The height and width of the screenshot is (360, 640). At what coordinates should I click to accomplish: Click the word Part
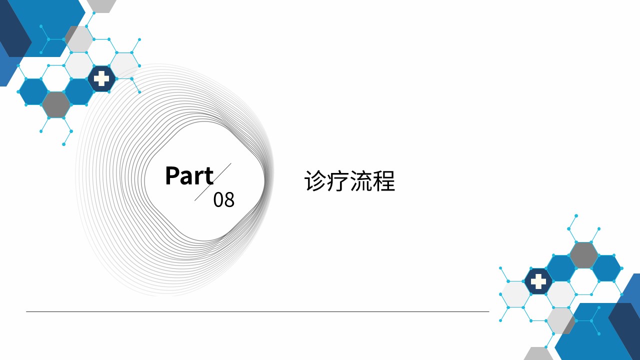tap(189, 175)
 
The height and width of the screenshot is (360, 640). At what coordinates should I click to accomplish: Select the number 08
tap(223, 199)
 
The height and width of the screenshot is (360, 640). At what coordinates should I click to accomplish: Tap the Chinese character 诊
tap(315, 181)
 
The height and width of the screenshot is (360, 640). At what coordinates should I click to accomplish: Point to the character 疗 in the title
tap(338, 181)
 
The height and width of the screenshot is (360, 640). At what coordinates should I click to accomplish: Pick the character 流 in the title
tap(361, 181)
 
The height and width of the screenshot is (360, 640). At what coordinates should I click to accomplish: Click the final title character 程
tap(383, 181)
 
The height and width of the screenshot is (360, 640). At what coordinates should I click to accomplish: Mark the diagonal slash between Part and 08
tap(213, 182)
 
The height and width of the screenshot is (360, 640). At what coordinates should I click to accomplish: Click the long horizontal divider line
tap(257, 311)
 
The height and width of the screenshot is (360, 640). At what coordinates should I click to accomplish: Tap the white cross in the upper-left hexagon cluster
tap(101, 78)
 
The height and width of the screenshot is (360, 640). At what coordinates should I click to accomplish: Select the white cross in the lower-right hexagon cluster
tap(538, 281)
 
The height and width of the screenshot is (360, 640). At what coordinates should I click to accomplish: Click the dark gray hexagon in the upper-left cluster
tap(56, 105)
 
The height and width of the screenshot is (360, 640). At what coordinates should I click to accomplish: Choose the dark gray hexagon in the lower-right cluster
tap(583, 255)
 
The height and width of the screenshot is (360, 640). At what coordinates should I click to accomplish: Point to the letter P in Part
tap(172, 176)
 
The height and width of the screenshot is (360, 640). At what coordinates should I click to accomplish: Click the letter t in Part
tap(209, 177)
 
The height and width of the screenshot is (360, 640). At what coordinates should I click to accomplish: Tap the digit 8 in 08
tap(229, 199)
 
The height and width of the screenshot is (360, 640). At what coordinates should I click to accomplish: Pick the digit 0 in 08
tap(218, 199)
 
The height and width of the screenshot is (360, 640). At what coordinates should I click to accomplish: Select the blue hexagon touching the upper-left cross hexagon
tap(79, 91)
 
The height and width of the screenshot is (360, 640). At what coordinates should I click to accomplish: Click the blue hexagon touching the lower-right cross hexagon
tap(561, 268)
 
